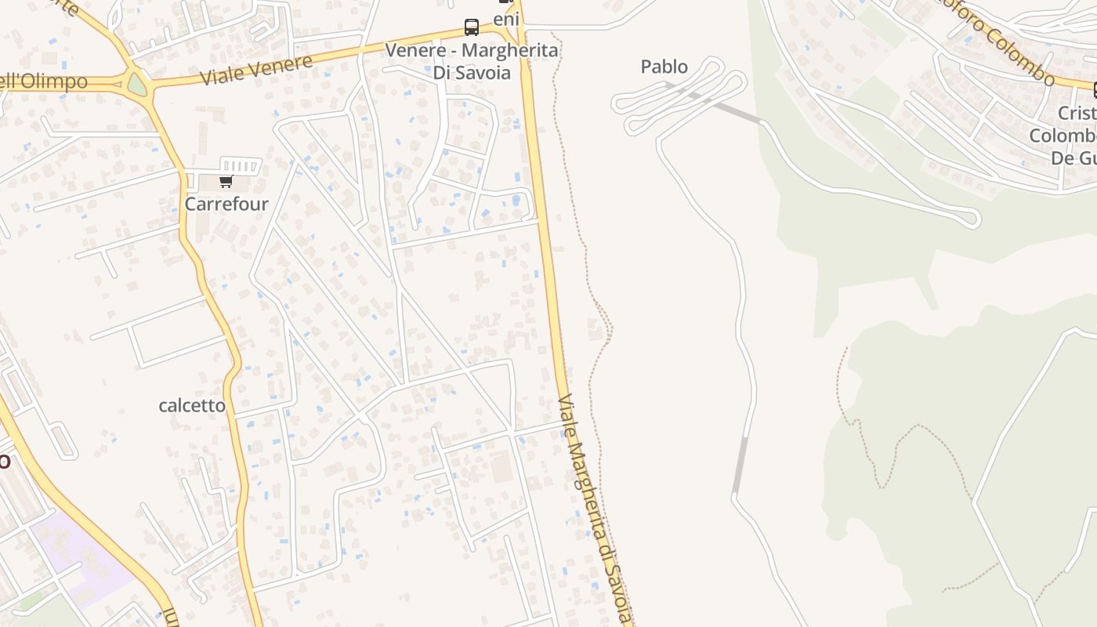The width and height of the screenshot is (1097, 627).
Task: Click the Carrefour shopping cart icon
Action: click(x=226, y=182)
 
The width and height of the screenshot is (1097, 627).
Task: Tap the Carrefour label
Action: click(x=226, y=205)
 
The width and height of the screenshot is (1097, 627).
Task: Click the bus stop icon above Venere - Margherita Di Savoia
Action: click(x=472, y=27)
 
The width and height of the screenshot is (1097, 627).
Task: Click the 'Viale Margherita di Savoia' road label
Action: click(x=596, y=509)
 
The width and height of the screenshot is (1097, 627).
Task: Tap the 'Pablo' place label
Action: click(x=664, y=67)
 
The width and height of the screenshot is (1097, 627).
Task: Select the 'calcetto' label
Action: click(x=192, y=406)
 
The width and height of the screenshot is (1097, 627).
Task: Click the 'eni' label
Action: click(x=506, y=18)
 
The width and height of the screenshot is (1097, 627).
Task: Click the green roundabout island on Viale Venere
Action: click(x=137, y=84)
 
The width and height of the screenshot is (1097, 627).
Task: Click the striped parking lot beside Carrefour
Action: click(x=241, y=165)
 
